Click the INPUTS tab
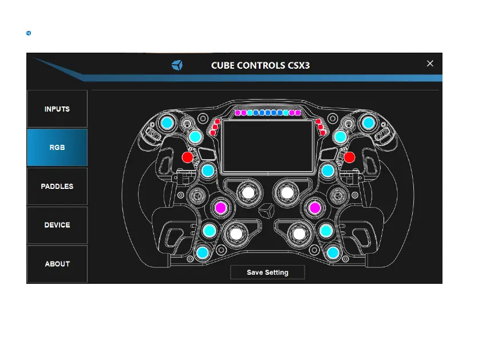click(x=57, y=109)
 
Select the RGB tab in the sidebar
click(x=57, y=148)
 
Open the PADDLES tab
click(x=57, y=187)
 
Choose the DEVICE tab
click(x=57, y=225)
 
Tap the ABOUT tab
click(x=57, y=264)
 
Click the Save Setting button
click(x=267, y=272)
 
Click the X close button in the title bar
click(x=430, y=64)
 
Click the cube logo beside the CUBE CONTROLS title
click(x=177, y=65)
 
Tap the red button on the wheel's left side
click(x=187, y=157)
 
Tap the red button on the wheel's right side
click(x=350, y=157)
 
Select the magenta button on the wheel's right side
click(x=314, y=207)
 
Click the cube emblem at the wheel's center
click(x=267, y=211)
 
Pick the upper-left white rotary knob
click(x=248, y=193)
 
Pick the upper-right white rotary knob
click(x=287, y=193)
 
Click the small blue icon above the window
click(x=29, y=33)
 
